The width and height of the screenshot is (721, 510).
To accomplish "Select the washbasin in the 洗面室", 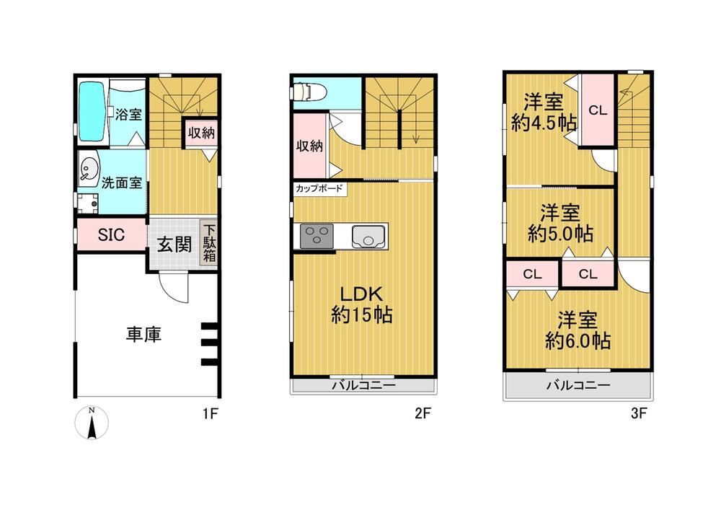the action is pos(89,169).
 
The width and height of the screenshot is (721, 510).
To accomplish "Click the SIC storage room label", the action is pos(111,235).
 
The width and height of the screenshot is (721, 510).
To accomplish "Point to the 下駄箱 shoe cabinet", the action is pos(209,244).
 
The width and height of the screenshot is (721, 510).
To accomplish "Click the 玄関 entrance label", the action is pos(174,245).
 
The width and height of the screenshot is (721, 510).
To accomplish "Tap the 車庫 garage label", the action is pos(144,334).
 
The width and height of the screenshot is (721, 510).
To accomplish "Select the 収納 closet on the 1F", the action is pos(201,133).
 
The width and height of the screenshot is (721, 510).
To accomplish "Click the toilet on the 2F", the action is pos(308,92).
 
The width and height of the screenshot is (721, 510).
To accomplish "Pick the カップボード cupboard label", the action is pos(319,188).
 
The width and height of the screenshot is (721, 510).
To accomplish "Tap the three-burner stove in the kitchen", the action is pos(317,236).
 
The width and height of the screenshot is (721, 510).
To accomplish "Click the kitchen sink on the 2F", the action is pos(368,237).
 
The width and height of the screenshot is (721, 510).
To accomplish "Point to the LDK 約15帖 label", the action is pos(362,304).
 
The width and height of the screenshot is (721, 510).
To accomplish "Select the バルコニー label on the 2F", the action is pos(363,385).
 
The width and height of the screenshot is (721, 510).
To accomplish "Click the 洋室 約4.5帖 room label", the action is pos(544,113).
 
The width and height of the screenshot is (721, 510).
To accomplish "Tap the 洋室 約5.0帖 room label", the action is pos(560,223).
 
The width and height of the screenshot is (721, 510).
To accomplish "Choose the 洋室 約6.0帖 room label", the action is pos(578,330).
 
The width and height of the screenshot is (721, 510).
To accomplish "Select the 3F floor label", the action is pos(639,413).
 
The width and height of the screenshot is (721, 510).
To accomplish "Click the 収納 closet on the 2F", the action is pos(309,146).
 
